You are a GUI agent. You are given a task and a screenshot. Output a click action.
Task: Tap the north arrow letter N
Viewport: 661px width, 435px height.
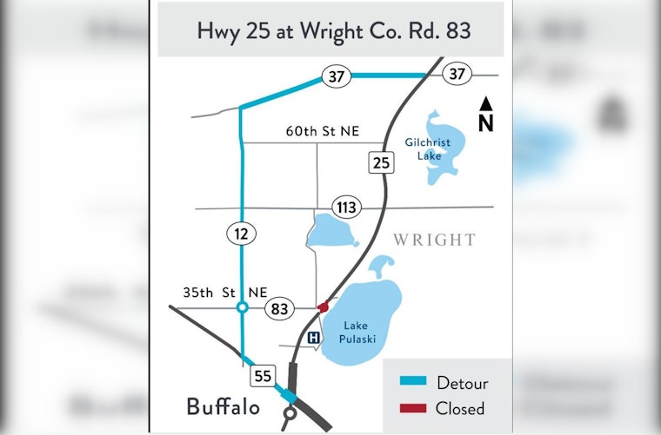(x=485, y=123)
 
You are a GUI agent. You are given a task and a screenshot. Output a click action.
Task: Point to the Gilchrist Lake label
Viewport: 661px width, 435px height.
(x=428, y=148)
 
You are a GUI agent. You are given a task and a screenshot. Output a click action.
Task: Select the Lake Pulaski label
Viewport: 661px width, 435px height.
(x=359, y=333)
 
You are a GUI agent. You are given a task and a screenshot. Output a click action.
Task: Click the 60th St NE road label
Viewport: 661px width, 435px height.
(x=322, y=131)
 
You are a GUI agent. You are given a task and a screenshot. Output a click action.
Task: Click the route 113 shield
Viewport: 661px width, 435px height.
(x=346, y=208)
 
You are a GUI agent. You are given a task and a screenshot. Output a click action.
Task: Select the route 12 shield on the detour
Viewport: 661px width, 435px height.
(x=241, y=233)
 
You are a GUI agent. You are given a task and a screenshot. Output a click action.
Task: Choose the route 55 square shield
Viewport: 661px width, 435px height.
(x=263, y=376)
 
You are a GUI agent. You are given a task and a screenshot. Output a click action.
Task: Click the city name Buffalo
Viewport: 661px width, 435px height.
(x=222, y=407)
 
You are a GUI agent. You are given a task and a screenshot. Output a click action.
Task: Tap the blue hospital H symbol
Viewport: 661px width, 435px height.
(x=314, y=338)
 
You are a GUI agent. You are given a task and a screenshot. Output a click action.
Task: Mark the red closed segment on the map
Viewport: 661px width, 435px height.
(x=323, y=306)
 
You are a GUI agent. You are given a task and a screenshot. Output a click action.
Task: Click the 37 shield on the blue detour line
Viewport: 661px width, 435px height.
(x=336, y=76)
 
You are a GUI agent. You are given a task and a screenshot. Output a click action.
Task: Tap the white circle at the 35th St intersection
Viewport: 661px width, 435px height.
(x=243, y=307)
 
